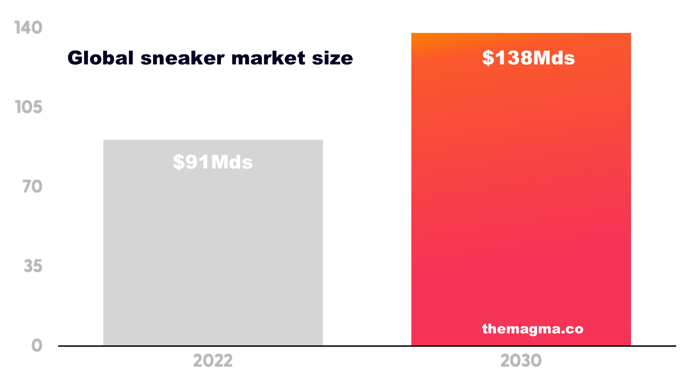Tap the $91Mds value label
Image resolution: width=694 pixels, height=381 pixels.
tap(213, 162)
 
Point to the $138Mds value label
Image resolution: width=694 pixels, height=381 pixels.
tap(528, 58)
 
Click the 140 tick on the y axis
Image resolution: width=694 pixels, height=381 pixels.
tap(28, 28)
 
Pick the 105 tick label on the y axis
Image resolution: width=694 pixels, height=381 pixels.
tap(29, 107)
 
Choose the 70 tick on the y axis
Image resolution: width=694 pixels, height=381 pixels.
tap(33, 187)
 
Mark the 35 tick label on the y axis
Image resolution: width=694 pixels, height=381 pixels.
tap(33, 266)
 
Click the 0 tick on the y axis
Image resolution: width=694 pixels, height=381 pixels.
tap(37, 345)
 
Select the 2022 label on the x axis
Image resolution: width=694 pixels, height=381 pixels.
tap(213, 361)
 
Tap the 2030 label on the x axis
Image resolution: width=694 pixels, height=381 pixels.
tap(521, 361)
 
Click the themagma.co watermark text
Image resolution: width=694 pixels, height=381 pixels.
tap(532, 329)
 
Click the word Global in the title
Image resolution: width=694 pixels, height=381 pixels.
tap(101, 58)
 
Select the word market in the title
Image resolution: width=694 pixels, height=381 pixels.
tap(268, 58)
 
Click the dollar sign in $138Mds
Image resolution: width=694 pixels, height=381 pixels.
tap(488, 58)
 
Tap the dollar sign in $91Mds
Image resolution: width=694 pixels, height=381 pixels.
tap(178, 162)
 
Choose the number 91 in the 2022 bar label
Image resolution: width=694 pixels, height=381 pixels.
tap(197, 162)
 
